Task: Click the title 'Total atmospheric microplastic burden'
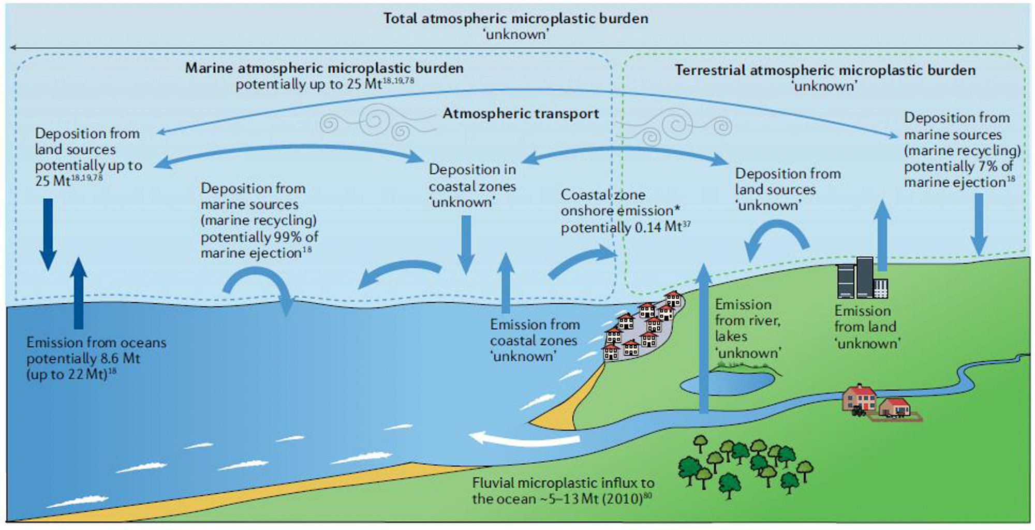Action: tap(515, 19)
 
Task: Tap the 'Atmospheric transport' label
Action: tap(521, 114)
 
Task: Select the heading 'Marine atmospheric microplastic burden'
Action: tap(324, 68)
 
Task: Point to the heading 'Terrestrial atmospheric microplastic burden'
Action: tap(825, 70)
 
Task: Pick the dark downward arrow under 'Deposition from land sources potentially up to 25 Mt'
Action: tap(48, 233)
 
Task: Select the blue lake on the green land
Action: tap(727, 383)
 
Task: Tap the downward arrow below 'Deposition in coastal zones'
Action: tap(466, 243)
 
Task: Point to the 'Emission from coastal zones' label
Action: tap(535, 340)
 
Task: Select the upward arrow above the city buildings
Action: tap(882, 235)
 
